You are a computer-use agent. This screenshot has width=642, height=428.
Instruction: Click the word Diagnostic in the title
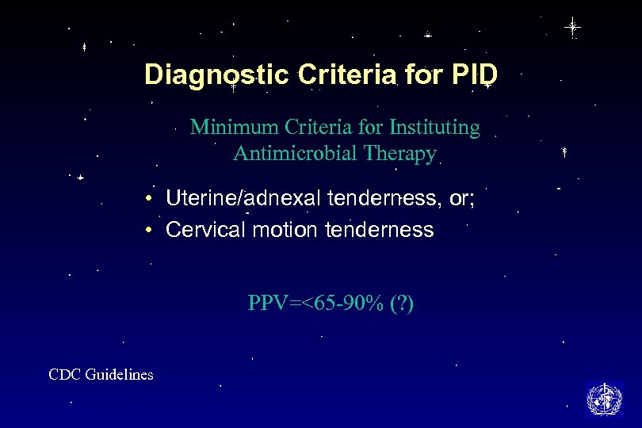(x=216, y=75)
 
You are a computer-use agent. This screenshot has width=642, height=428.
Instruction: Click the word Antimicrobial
(x=297, y=154)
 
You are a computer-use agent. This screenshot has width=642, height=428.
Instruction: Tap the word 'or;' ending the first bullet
(x=461, y=199)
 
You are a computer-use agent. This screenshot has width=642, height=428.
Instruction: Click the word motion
(x=273, y=230)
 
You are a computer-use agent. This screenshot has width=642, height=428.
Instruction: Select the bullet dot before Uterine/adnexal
(x=149, y=199)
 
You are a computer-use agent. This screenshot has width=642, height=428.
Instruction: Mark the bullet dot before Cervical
(x=149, y=230)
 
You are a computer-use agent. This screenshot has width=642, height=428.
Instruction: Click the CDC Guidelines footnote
(x=101, y=375)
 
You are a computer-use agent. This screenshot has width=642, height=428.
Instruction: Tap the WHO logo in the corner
(x=604, y=398)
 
